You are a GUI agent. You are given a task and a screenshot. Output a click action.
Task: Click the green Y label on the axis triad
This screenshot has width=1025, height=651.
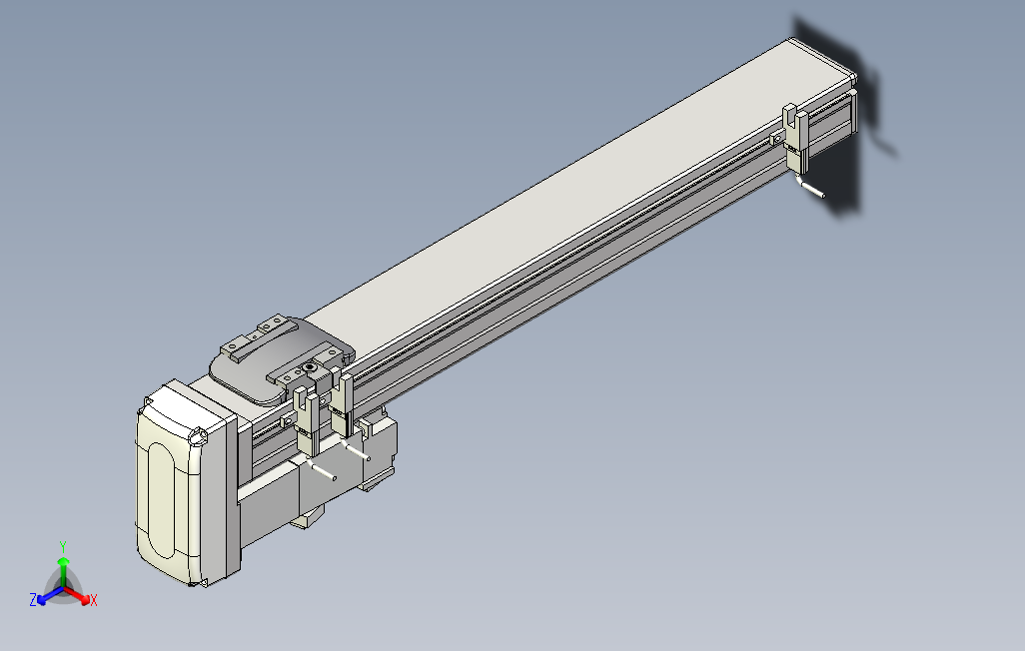pos(62,546)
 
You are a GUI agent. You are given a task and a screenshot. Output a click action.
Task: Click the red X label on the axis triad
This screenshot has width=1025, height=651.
pos(93,600)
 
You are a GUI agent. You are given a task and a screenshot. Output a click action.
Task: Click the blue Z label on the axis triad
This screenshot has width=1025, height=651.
pos(33,600)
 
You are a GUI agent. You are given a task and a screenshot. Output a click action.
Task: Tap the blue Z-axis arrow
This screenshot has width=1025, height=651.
pos(46,595)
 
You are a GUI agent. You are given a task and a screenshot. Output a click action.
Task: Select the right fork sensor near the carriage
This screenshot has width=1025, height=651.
pos(343,404)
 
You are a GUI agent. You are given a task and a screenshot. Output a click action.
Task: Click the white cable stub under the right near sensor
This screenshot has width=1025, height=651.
pos(357,454)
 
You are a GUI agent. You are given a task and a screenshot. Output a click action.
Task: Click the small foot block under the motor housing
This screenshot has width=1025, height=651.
pos(309,517)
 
